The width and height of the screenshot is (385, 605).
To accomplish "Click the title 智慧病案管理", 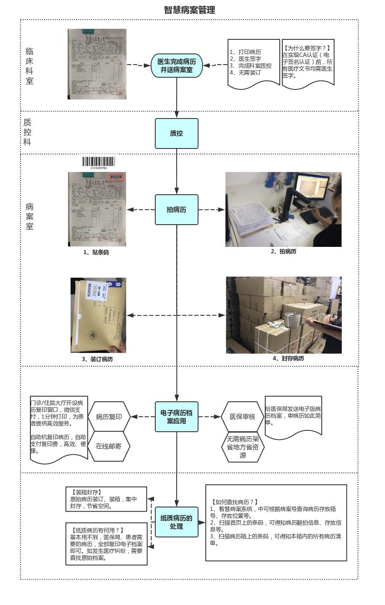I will click(x=190, y=10).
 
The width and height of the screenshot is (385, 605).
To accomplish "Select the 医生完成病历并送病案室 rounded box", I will click(x=176, y=65).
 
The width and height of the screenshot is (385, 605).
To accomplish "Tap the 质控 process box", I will click(x=176, y=133).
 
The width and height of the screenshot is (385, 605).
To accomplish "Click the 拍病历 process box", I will click(x=176, y=210).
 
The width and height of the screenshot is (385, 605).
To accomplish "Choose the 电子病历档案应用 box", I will click(x=176, y=417).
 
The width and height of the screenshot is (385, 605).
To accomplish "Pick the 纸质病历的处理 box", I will click(x=176, y=522).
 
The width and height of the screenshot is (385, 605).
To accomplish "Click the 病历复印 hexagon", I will click(x=109, y=417).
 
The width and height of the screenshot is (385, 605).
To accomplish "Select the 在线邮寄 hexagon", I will click(x=109, y=446).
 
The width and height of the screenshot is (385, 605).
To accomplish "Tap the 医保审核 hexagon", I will click(x=242, y=417).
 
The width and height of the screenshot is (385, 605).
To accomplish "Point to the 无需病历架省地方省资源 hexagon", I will click(x=243, y=447).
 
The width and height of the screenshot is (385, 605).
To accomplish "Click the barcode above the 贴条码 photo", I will click(x=99, y=162).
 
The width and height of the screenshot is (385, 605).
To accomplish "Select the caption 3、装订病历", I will click(x=97, y=359).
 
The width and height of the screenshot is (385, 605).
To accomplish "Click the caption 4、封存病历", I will click(x=288, y=359).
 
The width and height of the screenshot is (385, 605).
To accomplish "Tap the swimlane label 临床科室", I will click(x=30, y=66).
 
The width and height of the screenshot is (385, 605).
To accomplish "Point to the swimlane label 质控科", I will click(x=27, y=132).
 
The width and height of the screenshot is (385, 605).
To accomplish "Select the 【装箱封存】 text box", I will click(x=106, y=499).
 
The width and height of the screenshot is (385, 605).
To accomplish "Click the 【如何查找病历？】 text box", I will click(x=276, y=522).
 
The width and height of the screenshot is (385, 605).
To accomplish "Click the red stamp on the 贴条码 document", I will click(x=116, y=177).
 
